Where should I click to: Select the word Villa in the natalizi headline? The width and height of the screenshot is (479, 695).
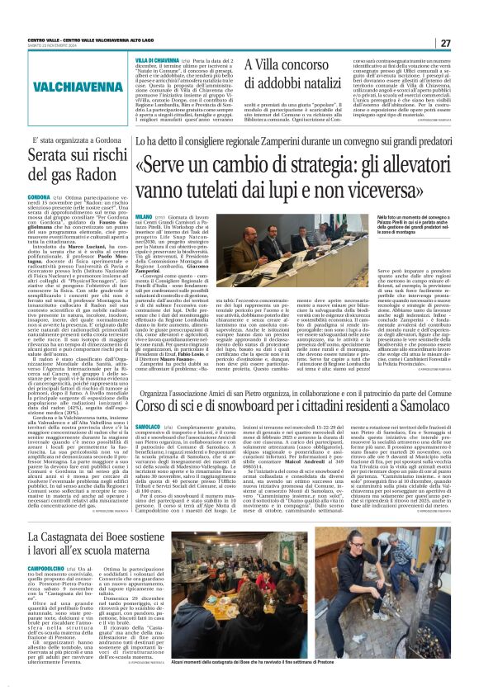click(x=259, y=63)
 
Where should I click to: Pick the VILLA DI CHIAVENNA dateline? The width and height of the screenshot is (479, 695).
click(x=157, y=61)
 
